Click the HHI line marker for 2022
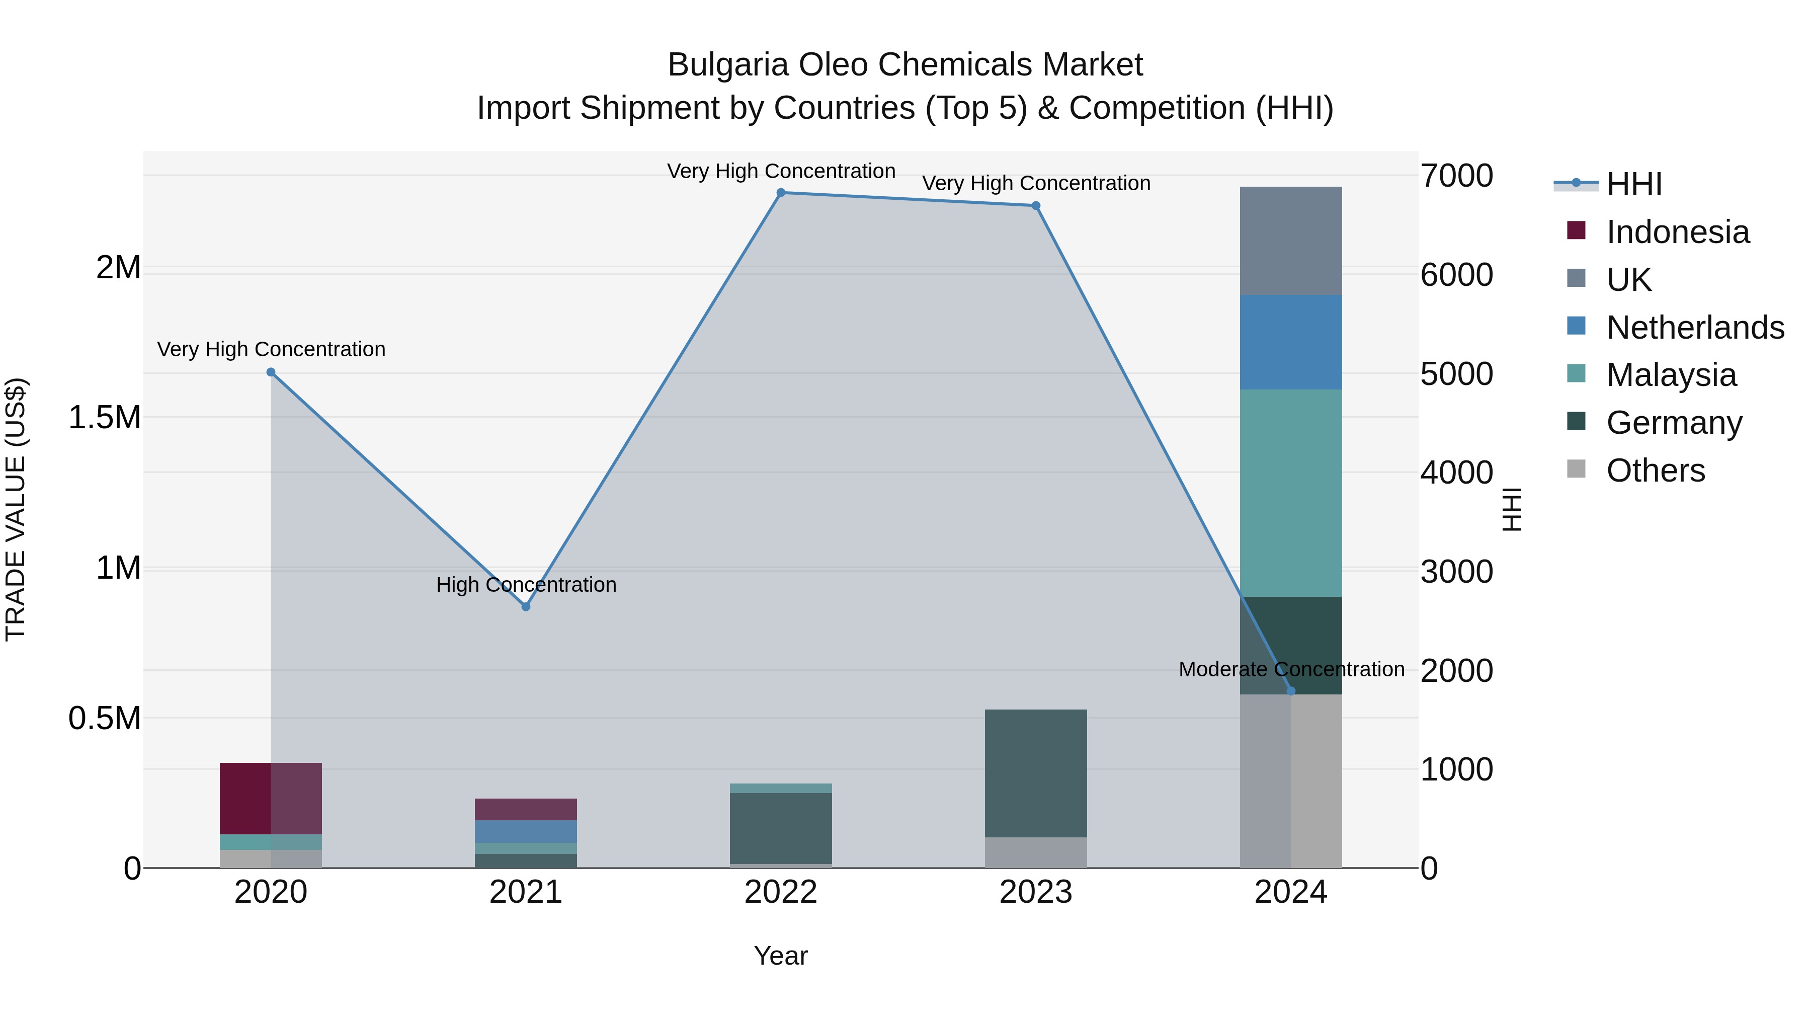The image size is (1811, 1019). (780, 193)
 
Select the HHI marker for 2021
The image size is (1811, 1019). (526, 606)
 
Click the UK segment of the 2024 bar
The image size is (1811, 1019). (1291, 241)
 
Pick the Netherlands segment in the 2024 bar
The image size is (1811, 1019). (1291, 343)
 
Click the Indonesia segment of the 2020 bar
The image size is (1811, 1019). (246, 798)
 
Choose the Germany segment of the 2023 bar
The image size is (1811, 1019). (1036, 773)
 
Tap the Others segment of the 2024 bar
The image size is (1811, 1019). (1291, 780)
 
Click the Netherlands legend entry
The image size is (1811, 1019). (1694, 328)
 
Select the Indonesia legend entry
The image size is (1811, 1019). (1677, 232)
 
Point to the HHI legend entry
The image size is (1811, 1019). (1633, 184)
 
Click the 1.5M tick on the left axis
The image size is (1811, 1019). (104, 418)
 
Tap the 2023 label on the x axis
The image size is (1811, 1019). (1036, 892)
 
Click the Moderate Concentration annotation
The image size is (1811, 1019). (1291, 669)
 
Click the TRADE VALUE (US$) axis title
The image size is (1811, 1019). (16, 509)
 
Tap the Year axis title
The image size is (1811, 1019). (780, 956)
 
